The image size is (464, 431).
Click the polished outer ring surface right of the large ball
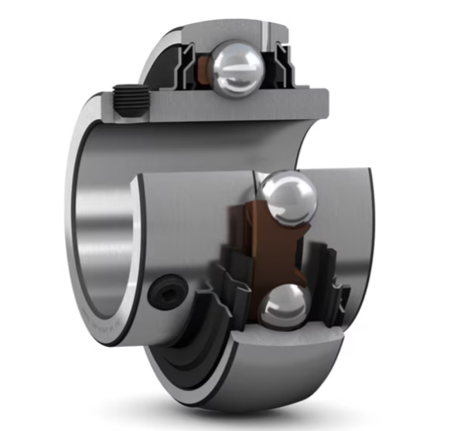pos(352,224)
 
